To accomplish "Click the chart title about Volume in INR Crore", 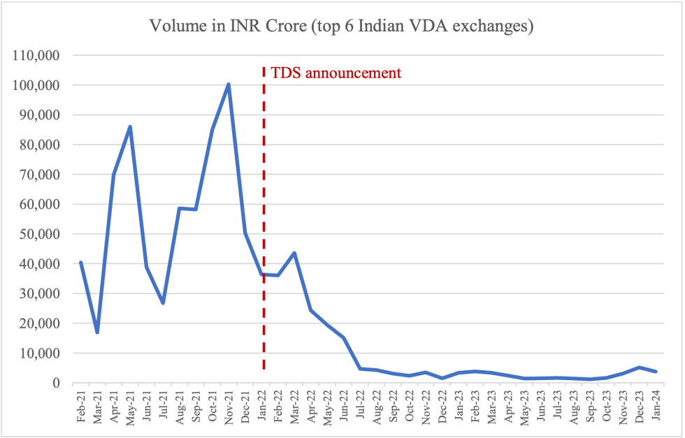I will [x=342, y=27].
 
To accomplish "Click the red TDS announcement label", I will [x=336, y=73].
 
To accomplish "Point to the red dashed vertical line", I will [x=264, y=210].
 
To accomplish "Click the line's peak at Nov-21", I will [x=229, y=85].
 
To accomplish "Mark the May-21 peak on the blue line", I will [x=130, y=127].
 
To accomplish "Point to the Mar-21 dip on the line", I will [x=97, y=332].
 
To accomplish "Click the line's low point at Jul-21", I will [x=163, y=302].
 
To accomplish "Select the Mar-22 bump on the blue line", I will [x=294, y=253].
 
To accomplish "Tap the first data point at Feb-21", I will [x=81, y=263].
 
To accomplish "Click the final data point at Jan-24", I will [x=656, y=372].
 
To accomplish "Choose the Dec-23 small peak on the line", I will [x=639, y=367].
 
